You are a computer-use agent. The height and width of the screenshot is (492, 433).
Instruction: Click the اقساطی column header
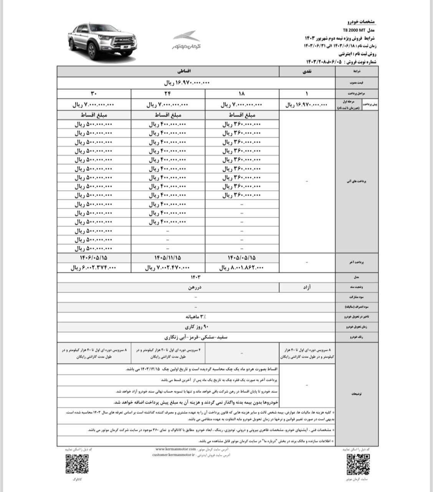(x=168, y=71)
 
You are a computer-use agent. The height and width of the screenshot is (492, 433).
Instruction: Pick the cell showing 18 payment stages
(x=242, y=94)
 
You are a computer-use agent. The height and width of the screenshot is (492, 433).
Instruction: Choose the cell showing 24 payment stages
(x=168, y=94)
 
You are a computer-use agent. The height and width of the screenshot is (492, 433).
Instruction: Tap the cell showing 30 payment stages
(x=94, y=94)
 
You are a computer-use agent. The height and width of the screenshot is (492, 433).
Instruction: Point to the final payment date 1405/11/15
(x=168, y=258)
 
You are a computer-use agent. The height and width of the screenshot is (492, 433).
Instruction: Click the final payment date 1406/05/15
(x=94, y=258)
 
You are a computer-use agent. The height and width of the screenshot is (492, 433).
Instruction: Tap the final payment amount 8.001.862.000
(x=242, y=268)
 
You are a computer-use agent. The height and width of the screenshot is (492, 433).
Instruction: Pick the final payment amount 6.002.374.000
(x=94, y=268)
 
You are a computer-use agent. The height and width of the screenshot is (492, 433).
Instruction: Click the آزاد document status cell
(x=307, y=287)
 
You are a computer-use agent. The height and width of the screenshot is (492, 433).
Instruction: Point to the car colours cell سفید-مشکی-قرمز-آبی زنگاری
(x=196, y=337)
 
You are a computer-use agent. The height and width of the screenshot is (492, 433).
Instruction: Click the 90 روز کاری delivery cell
(x=196, y=327)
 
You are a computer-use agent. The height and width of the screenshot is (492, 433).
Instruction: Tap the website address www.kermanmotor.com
(x=176, y=449)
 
